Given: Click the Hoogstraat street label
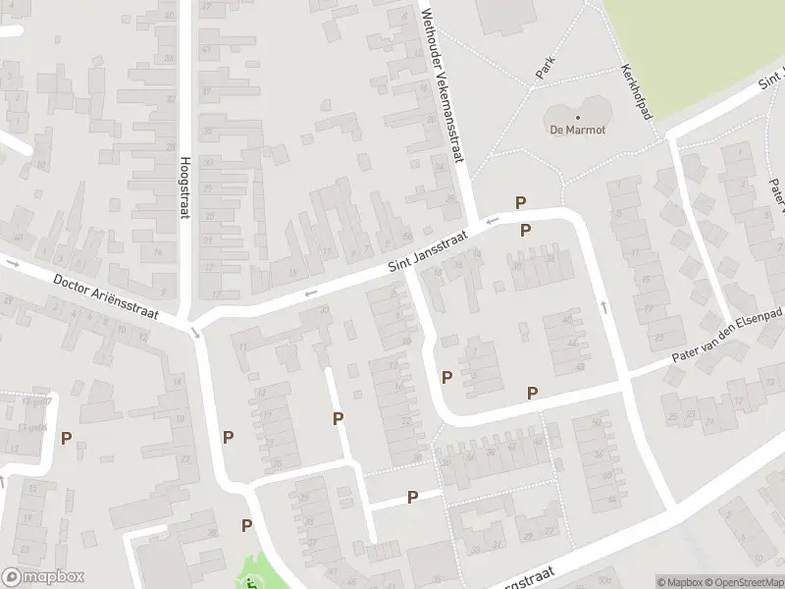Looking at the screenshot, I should point(183,188).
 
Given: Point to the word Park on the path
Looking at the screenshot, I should point(547,67).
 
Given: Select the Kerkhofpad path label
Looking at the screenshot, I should point(637,94).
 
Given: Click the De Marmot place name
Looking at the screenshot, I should point(577,130).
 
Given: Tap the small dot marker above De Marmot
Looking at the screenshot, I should point(577,117).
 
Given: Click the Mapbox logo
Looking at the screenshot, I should point(43,577).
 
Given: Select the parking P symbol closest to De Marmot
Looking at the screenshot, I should point(521,202).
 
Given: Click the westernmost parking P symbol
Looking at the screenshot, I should point(67,439).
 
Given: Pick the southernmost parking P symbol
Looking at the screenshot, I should point(246,525).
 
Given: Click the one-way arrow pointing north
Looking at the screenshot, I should point(603,307).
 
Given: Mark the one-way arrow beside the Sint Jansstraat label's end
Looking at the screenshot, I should point(492,222).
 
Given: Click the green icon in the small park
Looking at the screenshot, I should point(252,584).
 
